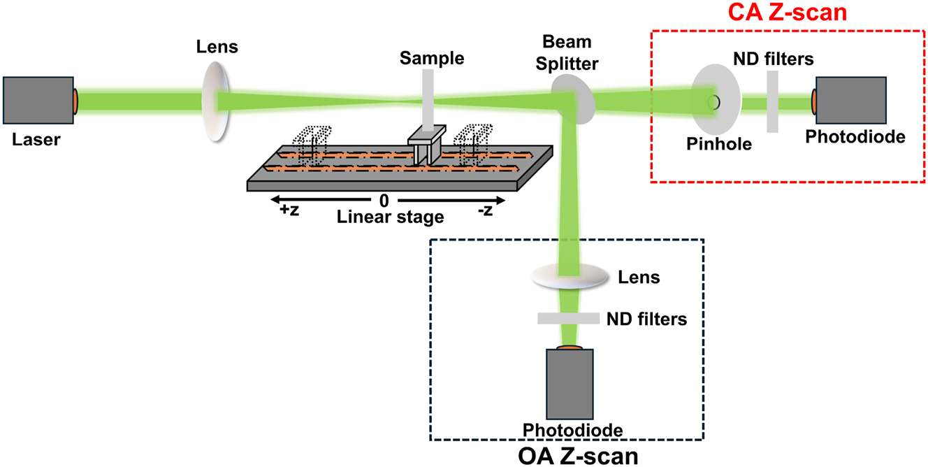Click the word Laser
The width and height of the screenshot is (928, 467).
pos(36,140)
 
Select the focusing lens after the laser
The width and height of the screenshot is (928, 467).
pos(217,101)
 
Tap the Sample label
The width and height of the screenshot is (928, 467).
pos(431,58)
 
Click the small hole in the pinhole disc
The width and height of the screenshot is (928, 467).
pos(713,102)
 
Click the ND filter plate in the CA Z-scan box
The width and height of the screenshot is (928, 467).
pos(772,102)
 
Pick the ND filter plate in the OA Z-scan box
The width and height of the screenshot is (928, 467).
pos(567,319)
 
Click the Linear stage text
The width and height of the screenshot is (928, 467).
pos(390,217)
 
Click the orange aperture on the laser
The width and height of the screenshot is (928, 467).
pos(75,100)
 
